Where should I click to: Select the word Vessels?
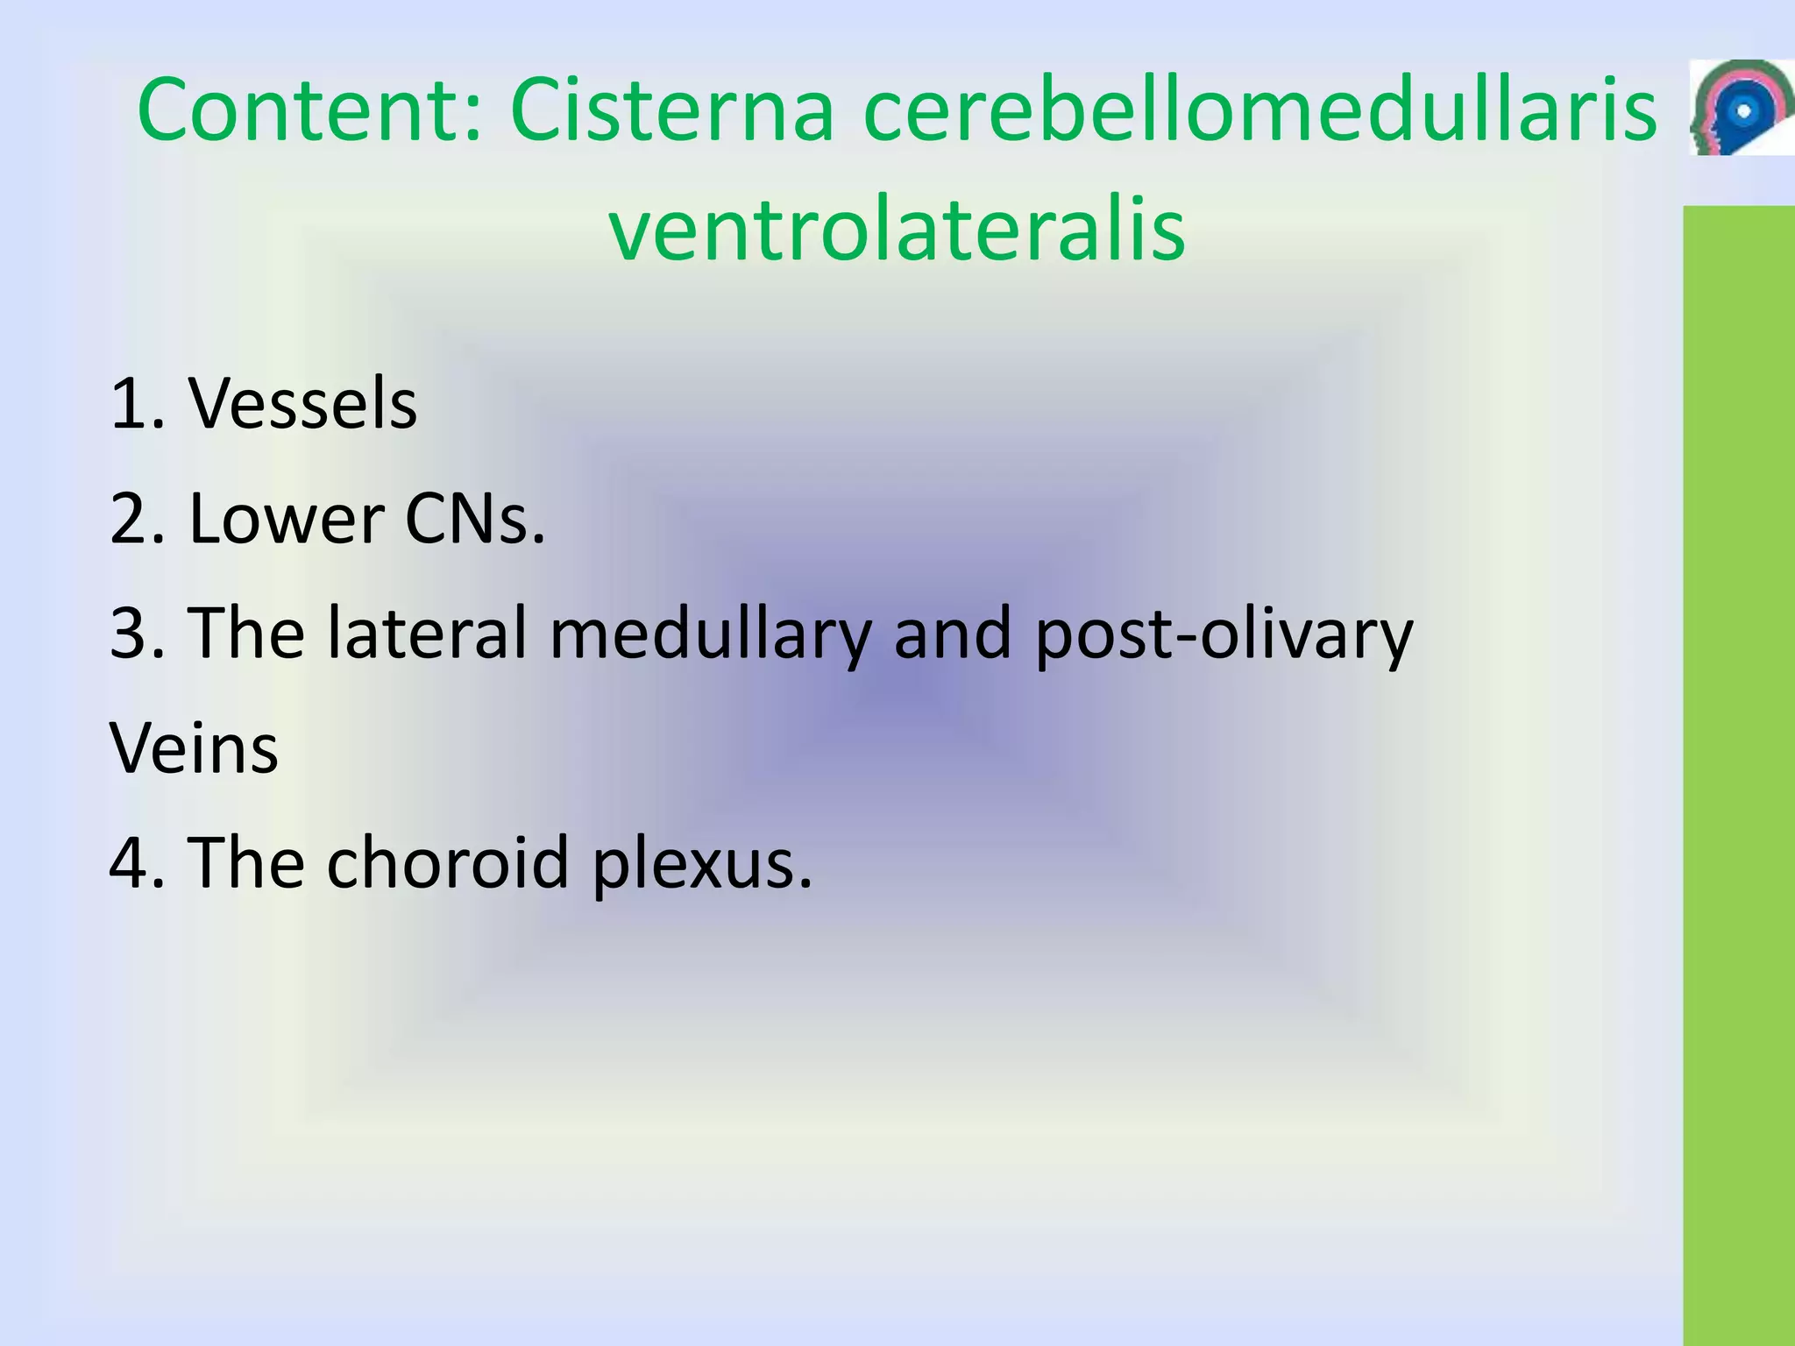tap(303, 404)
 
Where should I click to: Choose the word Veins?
tap(194, 748)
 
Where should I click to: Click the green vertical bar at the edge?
tap(1739, 771)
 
